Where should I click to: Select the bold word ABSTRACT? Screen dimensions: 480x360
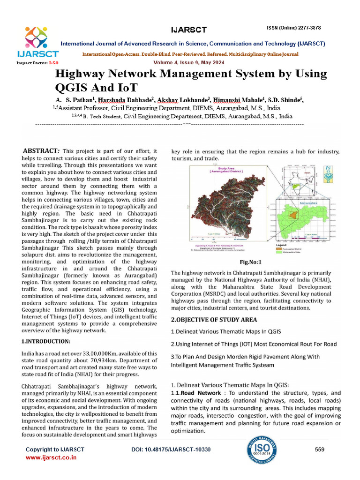pyautogui.click(x=40, y=151)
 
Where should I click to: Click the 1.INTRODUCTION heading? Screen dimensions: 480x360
pyautogui.click(x=46, y=341)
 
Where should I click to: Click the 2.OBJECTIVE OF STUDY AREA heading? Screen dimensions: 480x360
pyautogui.click(x=214, y=320)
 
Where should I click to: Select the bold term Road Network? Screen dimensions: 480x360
pyautogui.click(x=202, y=393)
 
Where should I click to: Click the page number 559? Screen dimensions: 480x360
pyautogui.click(x=320, y=450)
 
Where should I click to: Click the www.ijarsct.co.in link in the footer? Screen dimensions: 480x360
pyautogui.click(x=51, y=457)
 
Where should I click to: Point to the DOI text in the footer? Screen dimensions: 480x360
pyautogui.click(x=171, y=450)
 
